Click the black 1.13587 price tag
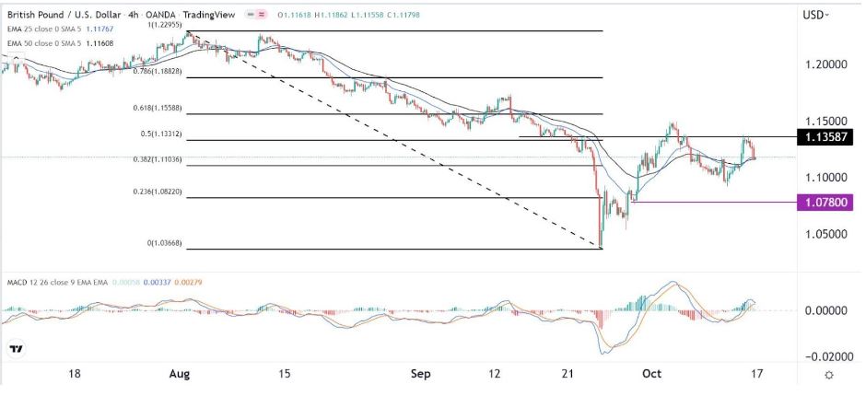[826, 137]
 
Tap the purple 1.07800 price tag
[826, 201]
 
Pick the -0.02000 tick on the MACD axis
[823, 355]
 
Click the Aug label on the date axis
[180, 375]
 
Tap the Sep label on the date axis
[421, 375]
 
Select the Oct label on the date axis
[651, 375]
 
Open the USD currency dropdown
[815, 14]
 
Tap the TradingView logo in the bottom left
[16, 349]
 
